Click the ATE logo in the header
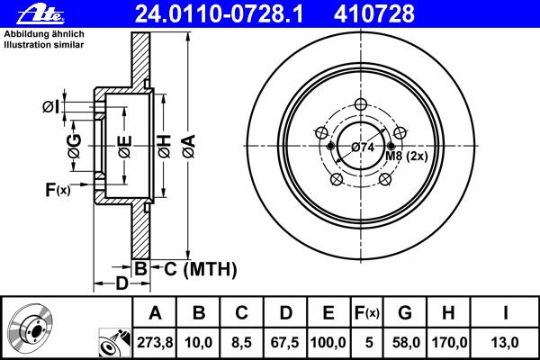coord(40,14)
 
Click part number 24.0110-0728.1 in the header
coord(219,14)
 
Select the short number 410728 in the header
coord(374,14)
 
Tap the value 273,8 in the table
coord(155,342)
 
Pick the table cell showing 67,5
coord(284,342)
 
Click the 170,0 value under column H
coord(449,342)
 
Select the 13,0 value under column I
coord(505,342)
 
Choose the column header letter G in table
coord(405,313)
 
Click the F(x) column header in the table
coord(367,313)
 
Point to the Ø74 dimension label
coord(363,148)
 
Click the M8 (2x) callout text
coord(407,156)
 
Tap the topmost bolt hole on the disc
coord(361,104)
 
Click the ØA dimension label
coord(189,147)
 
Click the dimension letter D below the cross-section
coord(121,283)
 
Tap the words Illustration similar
coord(44,45)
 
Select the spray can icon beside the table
coord(114,343)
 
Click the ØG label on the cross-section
coord(75,146)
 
